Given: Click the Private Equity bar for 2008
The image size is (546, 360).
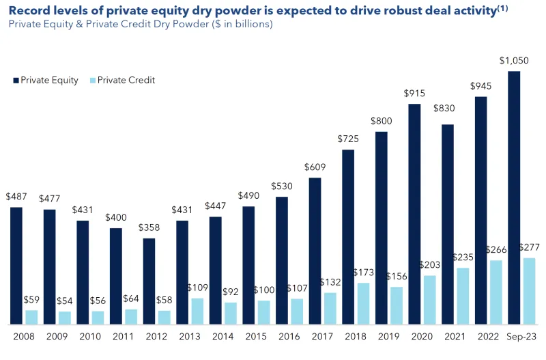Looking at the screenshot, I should coord(16,265).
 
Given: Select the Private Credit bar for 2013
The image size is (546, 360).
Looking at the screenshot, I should coord(197,311).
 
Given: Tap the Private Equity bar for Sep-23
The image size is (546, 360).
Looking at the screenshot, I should coord(515,197).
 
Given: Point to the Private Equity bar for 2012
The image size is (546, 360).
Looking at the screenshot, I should coord(149,281).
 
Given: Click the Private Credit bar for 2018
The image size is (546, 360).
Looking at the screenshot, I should coord(364,303).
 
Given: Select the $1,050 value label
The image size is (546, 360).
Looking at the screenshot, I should coord(513,61).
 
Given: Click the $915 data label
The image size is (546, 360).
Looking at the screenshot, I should coord(415,93).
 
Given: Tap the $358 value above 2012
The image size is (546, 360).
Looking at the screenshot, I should coord(148,227).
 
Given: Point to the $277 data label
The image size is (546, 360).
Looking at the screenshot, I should coord(530,247).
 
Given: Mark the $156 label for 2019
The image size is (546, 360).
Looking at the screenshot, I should coord(397,276).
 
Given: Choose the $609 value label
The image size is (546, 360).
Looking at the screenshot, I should coord(315,167).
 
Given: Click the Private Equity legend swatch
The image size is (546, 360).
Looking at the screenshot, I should coord(16,81).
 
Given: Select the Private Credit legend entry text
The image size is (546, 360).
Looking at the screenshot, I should coord(126,80).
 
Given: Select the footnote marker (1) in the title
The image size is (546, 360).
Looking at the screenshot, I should coord(504,8).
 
